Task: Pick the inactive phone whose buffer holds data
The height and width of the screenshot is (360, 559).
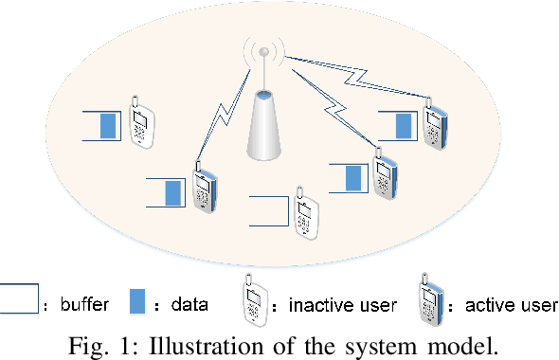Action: pyautogui.click(x=139, y=121)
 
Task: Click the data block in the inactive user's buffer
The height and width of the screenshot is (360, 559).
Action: pyautogui.click(x=109, y=125)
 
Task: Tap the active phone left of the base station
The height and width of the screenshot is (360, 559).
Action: pyautogui.click(x=201, y=189)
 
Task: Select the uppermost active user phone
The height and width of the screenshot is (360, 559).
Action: pyautogui.click(x=435, y=122)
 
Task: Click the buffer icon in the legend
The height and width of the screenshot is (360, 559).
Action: pyautogui.click(x=19, y=298)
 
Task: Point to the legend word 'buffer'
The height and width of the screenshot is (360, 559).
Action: pyautogui.click(x=85, y=305)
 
